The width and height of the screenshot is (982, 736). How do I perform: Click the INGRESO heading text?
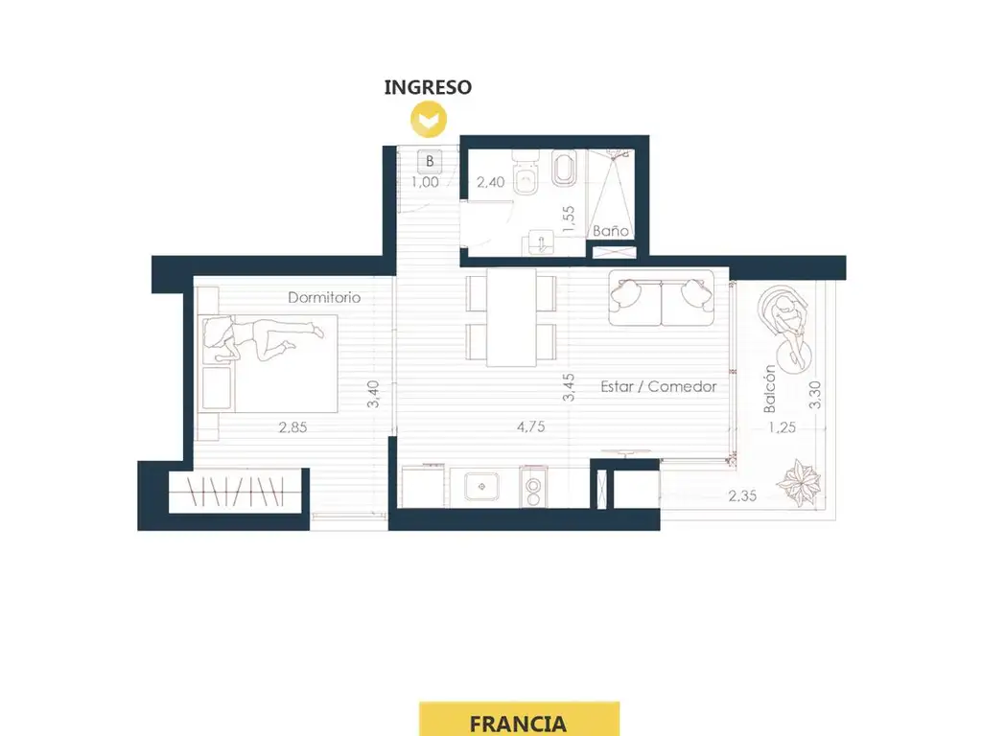pos(428,87)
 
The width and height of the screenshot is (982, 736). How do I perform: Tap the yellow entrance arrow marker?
pos(429,119)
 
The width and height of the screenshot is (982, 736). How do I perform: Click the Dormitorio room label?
pos(324,297)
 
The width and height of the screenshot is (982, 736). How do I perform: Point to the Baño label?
pos(611,230)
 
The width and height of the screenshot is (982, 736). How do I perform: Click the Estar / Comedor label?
pos(659,386)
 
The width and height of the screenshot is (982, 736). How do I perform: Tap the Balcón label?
pos(770,389)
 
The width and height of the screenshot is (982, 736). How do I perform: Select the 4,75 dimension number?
pos(531,426)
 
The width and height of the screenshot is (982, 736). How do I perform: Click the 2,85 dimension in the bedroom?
pos(293,427)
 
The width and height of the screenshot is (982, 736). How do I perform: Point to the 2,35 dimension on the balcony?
pos(743,495)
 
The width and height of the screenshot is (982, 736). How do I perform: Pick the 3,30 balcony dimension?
pos(815,395)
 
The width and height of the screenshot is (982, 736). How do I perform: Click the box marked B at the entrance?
pos(430,161)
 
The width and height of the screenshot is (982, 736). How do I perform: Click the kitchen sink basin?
pos(481,487)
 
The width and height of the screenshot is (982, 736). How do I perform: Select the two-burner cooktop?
pos(533,487)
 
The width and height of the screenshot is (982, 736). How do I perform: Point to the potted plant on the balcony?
pos(799,483)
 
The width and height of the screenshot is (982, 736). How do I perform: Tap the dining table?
pos(512,317)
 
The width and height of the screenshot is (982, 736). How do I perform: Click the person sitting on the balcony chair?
pos(787,326)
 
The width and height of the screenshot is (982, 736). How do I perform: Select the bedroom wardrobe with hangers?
pos(237,491)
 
